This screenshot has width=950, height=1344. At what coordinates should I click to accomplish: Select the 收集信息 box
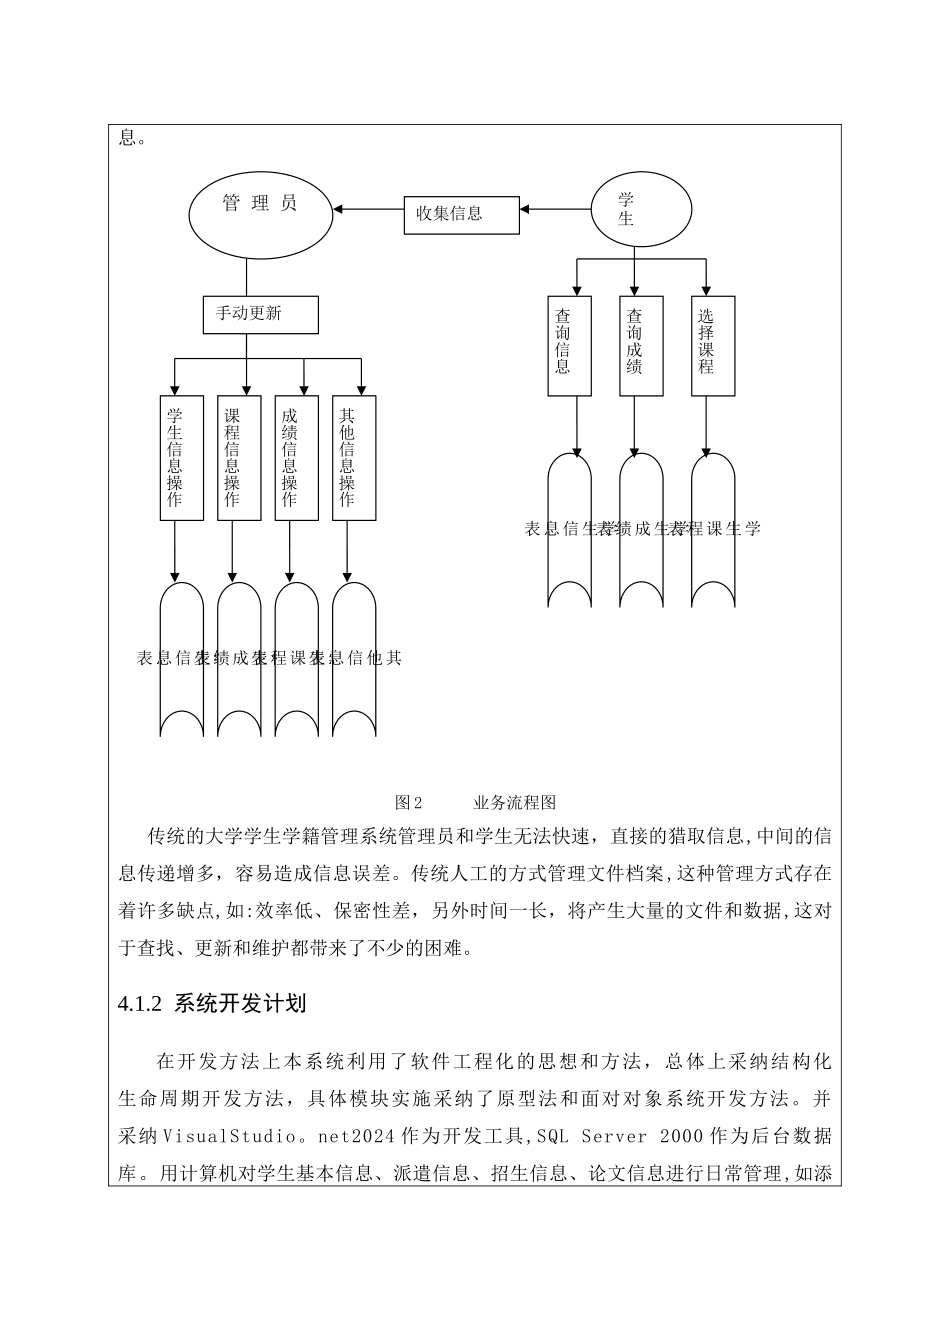pos(461,214)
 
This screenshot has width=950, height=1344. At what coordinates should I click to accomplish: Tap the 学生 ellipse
pos(640,210)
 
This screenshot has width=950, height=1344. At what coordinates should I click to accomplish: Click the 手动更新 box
pos(260,314)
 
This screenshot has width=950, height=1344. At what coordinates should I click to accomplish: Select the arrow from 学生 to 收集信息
pos(554,209)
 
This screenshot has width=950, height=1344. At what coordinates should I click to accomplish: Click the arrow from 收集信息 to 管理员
pos(369,210)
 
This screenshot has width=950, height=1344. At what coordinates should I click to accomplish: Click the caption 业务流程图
pos(514,803)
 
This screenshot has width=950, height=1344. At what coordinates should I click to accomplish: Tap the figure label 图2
pos(409,803)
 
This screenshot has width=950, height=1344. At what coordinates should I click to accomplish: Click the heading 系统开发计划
pos(240,1004)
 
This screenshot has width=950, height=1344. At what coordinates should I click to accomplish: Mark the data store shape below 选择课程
pos(713,530)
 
